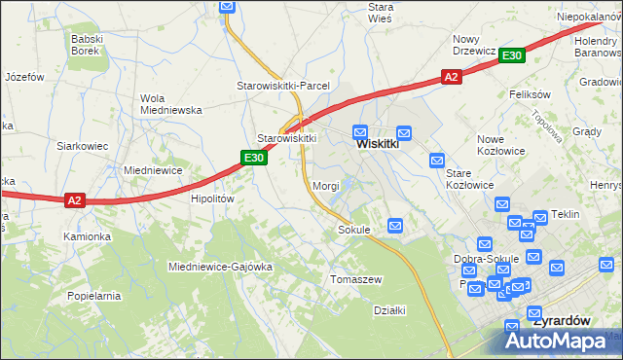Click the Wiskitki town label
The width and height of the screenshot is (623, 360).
pos(378,143)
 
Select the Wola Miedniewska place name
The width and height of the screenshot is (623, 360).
pos(151,103)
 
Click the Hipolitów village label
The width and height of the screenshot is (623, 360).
pos(213,198)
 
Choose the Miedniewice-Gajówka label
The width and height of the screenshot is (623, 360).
pos(220,266)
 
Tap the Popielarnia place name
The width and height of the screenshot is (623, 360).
pos(93,295)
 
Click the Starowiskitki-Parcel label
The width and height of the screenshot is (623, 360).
pos(283,86)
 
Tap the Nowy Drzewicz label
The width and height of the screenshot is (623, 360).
pos(475,45)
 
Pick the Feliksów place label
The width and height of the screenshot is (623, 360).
pos(531,94)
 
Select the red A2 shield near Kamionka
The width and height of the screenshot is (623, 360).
pos(76,200)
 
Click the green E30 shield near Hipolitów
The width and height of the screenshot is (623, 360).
pos(254,158)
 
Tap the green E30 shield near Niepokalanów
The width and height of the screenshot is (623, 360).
pos(513,56)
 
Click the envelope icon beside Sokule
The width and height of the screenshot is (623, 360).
pos(395,226)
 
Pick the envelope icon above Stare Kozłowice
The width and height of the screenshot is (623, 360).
pos(437,160)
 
